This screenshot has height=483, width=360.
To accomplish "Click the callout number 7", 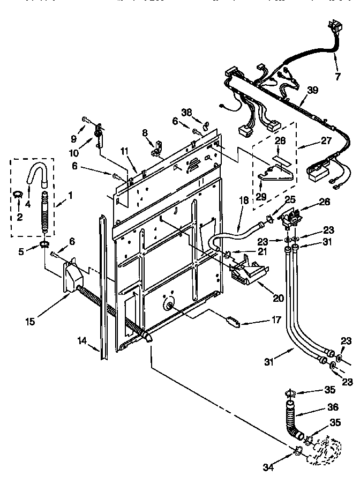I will coord(337,76).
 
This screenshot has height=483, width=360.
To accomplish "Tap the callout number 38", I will coord(186,113).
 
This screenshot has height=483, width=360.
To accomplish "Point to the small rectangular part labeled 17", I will coord(233,321).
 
